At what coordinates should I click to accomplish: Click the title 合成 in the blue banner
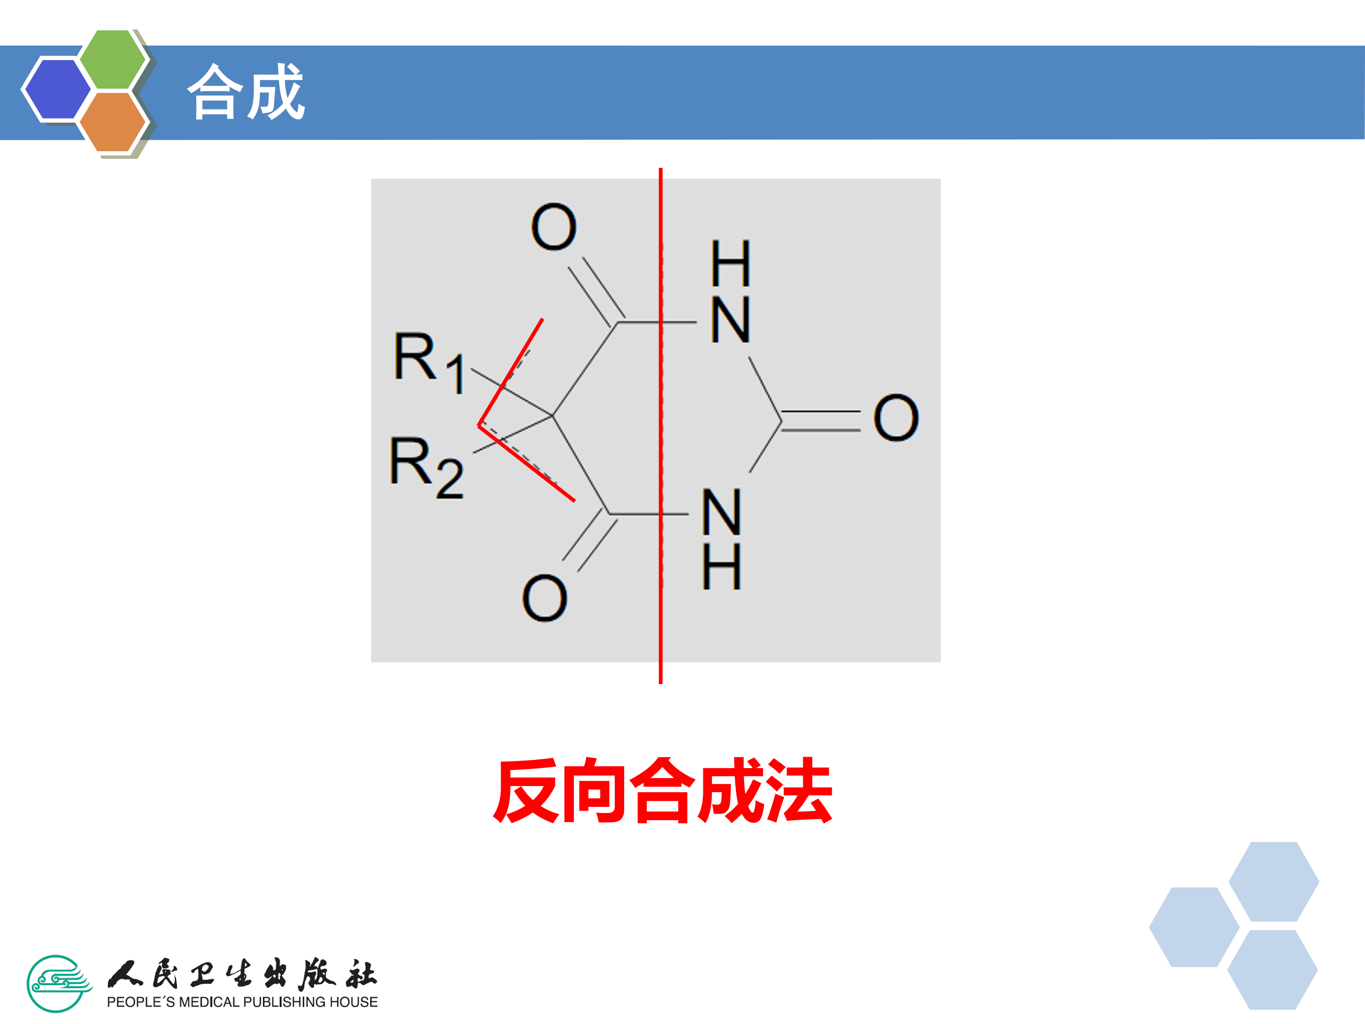coord(246,92)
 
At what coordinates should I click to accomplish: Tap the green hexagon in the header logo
coord(113,60)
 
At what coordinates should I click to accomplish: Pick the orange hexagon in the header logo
coord(113,121)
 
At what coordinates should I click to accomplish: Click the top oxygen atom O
coord(554,227)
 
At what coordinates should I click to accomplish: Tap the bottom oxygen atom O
coord(544,598)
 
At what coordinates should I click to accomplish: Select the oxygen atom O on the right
coord(896,418)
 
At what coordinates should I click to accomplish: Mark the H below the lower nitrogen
coord(721,566)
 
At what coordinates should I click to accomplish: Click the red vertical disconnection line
coord(660,648)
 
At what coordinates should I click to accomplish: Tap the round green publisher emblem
coord(57,983)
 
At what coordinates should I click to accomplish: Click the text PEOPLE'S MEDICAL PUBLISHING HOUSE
coord(242,1002)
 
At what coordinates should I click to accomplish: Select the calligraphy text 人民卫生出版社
coord(242,975)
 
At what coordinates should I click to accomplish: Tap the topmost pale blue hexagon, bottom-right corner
coord(1274,881)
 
